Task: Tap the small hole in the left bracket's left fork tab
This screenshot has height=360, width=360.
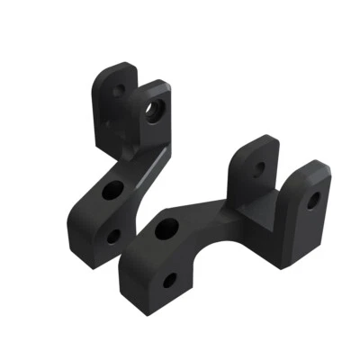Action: [x=119, y=90]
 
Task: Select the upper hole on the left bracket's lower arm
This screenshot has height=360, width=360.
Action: [x=113, y=190]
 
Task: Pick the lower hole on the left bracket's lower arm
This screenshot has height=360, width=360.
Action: [x=112, y=236]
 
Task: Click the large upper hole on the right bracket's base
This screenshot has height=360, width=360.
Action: [x=167, y=229]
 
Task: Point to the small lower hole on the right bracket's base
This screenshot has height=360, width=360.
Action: [x=169, y=282]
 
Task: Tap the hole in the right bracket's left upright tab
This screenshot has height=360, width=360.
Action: [x=259, y=168]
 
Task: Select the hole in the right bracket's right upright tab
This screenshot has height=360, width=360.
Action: [x=312, y=200]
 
